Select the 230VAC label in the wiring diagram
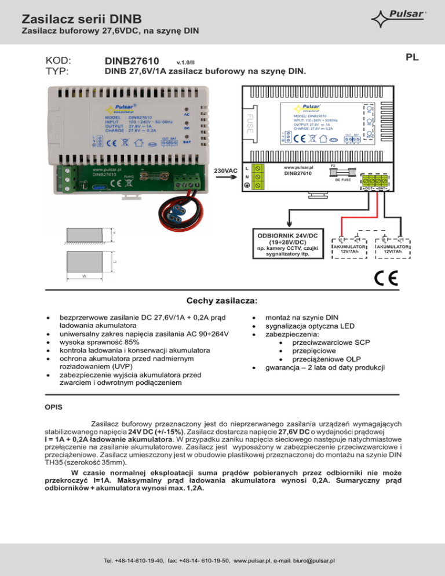227,171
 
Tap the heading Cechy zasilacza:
222,301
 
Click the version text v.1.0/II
185,63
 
